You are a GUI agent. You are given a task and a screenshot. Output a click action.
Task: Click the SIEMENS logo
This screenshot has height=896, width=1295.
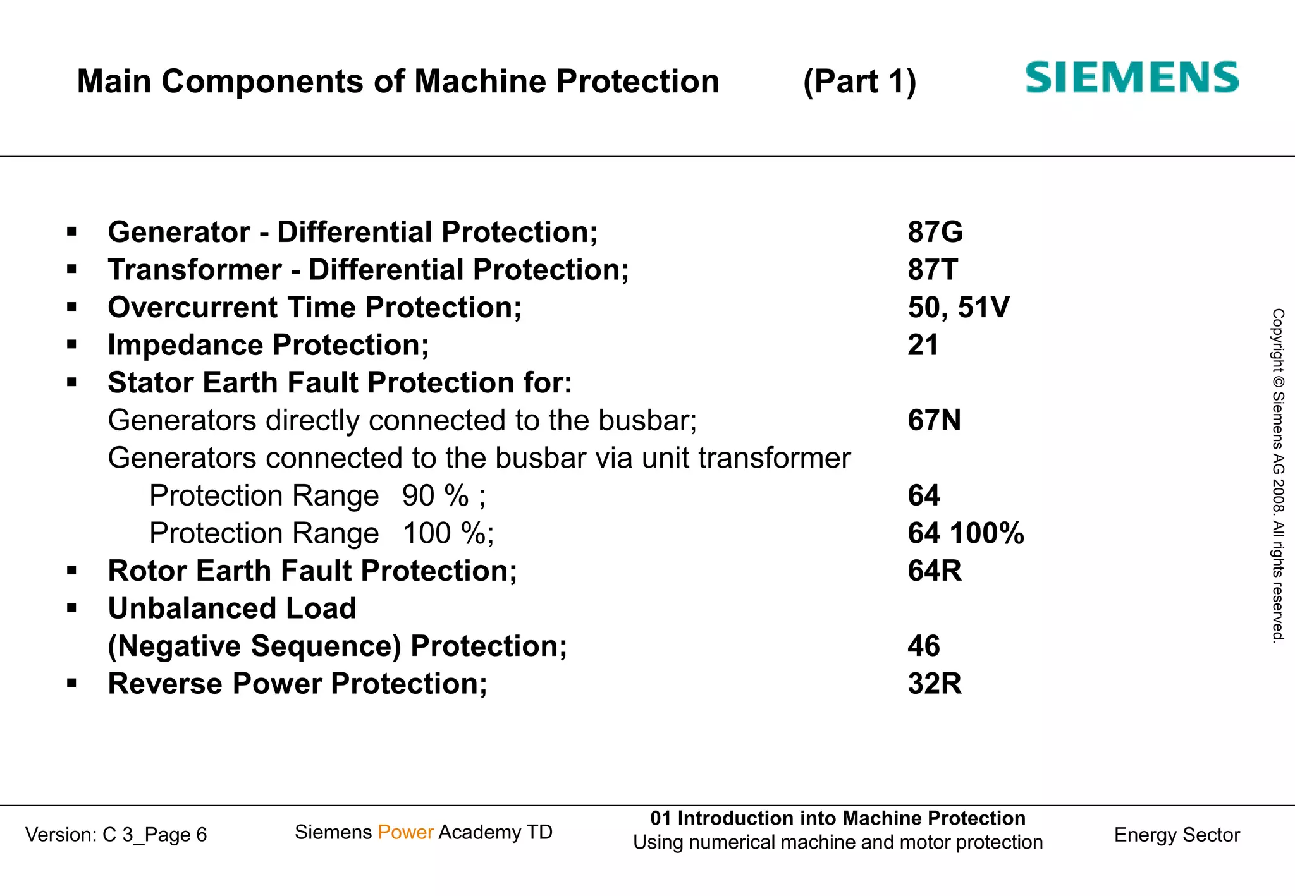point(1132,78)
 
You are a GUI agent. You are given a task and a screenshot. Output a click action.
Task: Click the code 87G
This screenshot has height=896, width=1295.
point(935,232)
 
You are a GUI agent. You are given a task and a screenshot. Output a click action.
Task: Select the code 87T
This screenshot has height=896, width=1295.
point(933,270)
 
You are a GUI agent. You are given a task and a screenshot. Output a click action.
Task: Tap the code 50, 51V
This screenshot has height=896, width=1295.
point(959,308)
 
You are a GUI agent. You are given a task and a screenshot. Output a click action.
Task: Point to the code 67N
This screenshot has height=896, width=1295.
point(934,420)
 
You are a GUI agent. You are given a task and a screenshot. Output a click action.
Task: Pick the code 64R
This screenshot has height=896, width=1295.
point(935,571)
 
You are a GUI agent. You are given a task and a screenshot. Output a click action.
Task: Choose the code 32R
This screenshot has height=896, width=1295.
point(935,684)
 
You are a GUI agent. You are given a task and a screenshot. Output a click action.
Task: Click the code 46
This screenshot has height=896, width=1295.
point(924,646)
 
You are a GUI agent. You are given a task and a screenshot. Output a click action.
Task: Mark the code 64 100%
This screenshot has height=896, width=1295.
point(966,533)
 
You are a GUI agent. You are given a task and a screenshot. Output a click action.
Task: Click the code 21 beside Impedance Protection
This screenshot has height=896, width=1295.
point(923,345)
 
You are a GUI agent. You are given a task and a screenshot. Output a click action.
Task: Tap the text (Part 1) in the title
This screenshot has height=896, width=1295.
point(859,82)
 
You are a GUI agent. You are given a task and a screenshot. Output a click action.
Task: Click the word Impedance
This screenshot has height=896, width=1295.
point(185,346)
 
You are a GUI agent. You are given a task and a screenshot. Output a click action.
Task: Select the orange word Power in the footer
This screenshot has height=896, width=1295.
point(405,832)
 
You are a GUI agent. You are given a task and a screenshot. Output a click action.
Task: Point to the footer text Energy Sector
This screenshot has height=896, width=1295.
point(1177,835)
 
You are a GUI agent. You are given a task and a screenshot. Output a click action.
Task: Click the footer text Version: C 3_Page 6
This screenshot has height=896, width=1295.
point(116,835)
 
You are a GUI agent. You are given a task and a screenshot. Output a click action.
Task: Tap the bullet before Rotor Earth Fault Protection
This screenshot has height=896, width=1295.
point(71,571)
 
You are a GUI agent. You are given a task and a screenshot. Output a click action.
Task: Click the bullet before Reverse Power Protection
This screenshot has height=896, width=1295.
point(71,684)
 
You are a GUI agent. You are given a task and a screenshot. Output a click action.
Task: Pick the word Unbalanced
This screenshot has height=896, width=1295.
point(193,608)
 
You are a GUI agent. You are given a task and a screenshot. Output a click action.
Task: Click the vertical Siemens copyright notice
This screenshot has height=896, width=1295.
point(1278,475)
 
